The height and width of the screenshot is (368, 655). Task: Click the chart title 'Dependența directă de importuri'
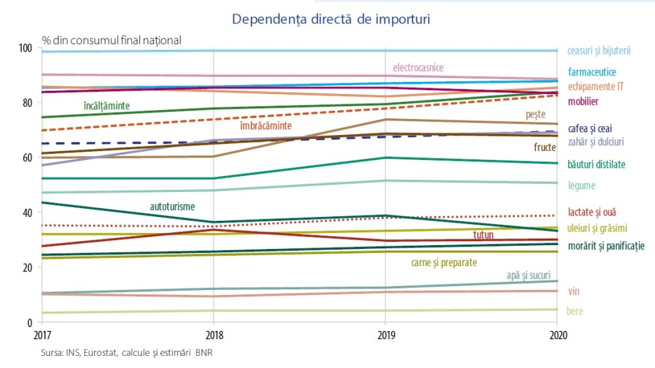(x=331, y=19)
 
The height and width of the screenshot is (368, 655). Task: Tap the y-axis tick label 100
(x=25, y=48)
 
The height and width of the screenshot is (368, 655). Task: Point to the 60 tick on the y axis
(x=27, y=157)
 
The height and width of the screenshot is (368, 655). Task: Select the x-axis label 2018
(x=213, y=335)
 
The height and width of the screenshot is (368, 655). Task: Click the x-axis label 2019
(x=384, y=335)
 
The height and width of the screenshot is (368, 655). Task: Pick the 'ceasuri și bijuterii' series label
(x=599, y=51)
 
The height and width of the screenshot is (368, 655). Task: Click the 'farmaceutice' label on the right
(x=592, y=72)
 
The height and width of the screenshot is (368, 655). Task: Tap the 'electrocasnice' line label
(x=418, y=68)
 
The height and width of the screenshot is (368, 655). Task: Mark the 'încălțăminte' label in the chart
(x=107, y=105)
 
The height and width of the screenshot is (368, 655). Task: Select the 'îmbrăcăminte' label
(x=265, y=126)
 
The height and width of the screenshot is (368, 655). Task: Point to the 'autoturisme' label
(x=172, y=207)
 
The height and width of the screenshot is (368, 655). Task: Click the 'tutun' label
(x=484, y=235)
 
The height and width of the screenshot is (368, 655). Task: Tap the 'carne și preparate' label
(x=444, y=262)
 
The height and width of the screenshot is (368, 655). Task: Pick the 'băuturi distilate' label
(x=597, y=164)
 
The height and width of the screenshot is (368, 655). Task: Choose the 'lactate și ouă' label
(x=592, y=212)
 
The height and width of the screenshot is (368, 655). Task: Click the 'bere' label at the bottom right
(x=575, y=312)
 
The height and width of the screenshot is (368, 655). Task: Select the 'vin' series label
(x=573, y=291)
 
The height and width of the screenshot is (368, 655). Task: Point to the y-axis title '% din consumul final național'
(x=112, y=40)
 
